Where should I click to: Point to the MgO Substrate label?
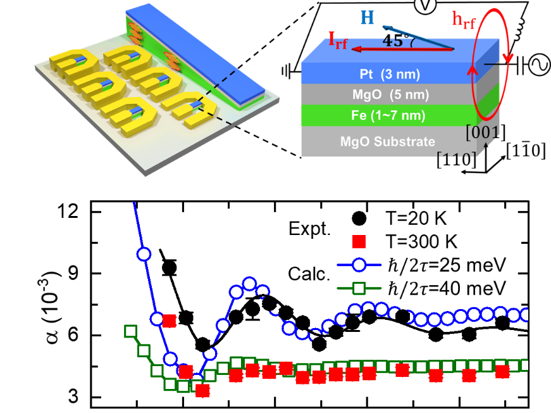pyautogui.click(x=387, y=142)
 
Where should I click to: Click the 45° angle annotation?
pyautogui.click(x=400, y=40)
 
